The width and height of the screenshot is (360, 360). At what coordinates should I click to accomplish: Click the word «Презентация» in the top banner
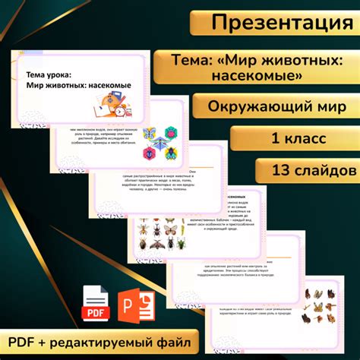coord(282,23)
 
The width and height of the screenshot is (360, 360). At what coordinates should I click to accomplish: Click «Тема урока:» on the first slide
coord(49,74)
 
